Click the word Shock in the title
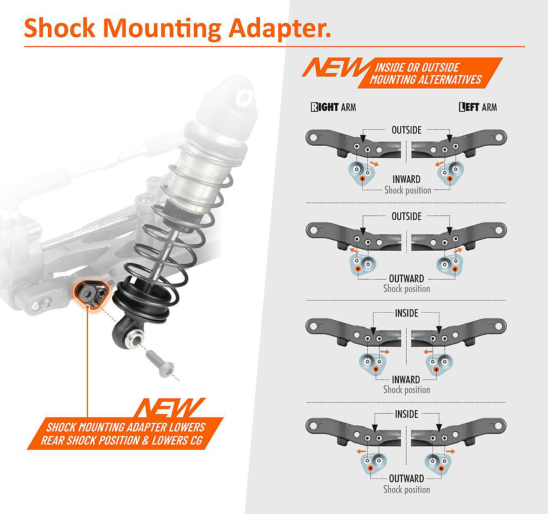coord(60,28)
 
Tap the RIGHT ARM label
coord(334,107)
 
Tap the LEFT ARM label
coord(478,107)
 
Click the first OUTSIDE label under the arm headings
coord(406,130)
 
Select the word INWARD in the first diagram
coord(406,179)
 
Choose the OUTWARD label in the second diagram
coord(406,278)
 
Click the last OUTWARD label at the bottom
coord(406,478)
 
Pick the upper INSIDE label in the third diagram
coord(406,313)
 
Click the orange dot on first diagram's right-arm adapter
coord(363,179)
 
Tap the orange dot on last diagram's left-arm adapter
coord(441,468)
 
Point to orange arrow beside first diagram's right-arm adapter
coord(374,164)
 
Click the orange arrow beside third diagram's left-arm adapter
coord(428,352)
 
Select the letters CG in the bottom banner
coord(197,440)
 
